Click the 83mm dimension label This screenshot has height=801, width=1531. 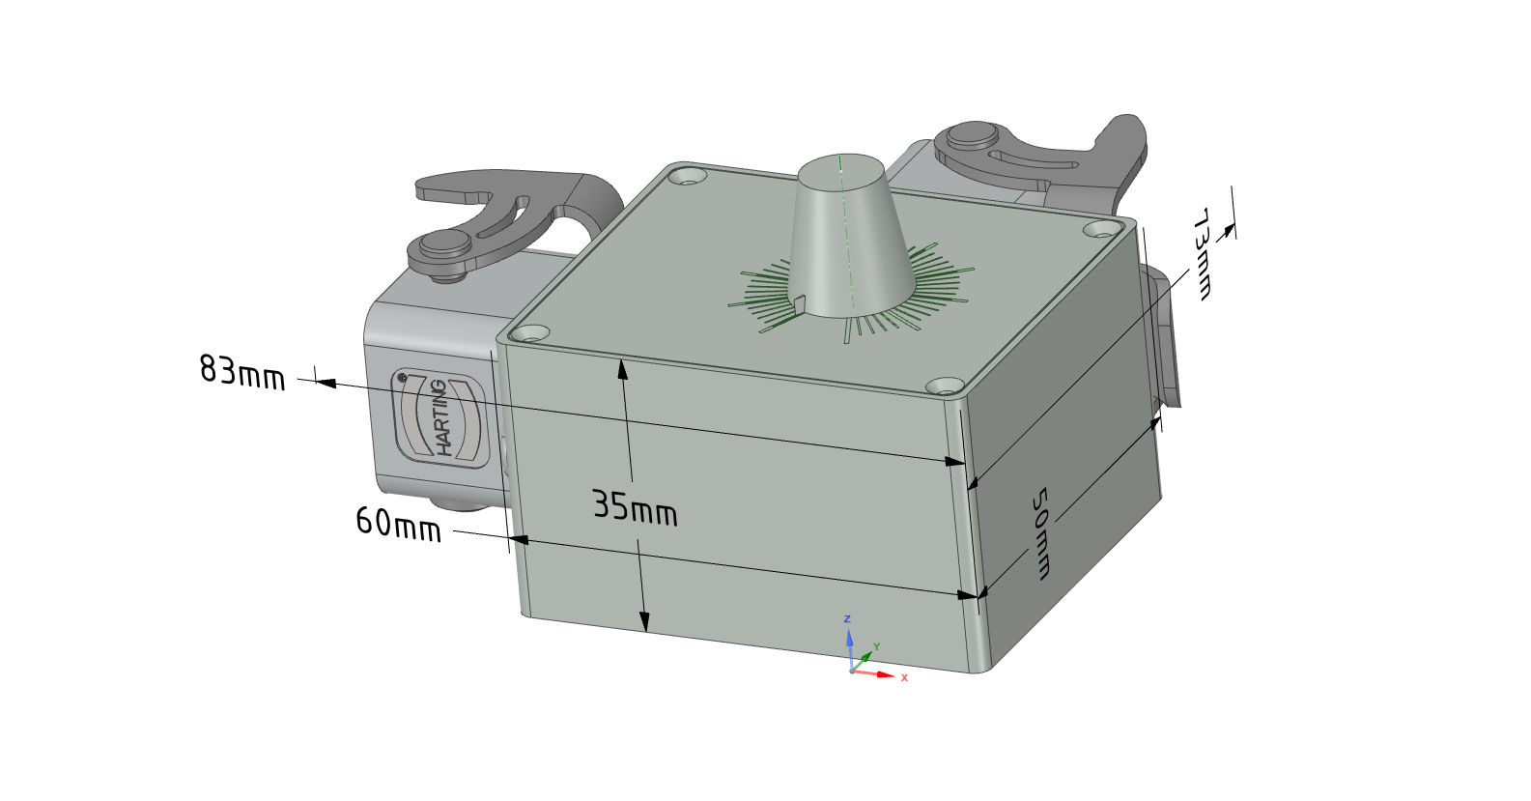241,372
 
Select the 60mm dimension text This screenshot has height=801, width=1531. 399,525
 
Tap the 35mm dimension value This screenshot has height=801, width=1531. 635,507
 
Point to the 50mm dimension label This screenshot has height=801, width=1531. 1039,533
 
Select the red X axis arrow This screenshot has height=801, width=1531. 874,673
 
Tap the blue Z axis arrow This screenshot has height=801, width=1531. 850,650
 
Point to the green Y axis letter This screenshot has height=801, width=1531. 876,645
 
